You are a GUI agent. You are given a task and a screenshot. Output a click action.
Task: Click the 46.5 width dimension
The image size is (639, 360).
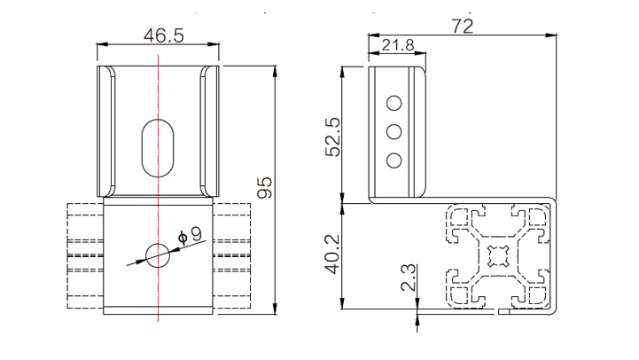click(x=164, y=35)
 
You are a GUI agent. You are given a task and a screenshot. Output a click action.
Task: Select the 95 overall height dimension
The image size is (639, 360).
click(x=265, y=188)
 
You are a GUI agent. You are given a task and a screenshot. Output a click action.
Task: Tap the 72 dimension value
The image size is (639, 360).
click(x=463, y=27)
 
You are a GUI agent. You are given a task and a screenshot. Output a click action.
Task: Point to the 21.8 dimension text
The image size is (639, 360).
click(x=398, y=45)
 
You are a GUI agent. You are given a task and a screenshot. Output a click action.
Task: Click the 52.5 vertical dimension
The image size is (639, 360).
click(x=332, y=137)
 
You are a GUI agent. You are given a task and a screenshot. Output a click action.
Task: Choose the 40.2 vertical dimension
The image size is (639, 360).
click(x=332, y=254)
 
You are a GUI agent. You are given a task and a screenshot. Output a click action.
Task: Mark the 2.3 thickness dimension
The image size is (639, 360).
click(x=409, y=278)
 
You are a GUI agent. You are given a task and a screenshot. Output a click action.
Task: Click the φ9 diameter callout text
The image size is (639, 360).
click(x=190, y=236)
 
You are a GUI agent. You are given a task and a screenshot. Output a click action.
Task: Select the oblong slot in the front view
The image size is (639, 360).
click(x=158, y=148)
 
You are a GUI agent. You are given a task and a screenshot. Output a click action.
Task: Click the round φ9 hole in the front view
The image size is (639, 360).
click(x=158, y=255)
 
